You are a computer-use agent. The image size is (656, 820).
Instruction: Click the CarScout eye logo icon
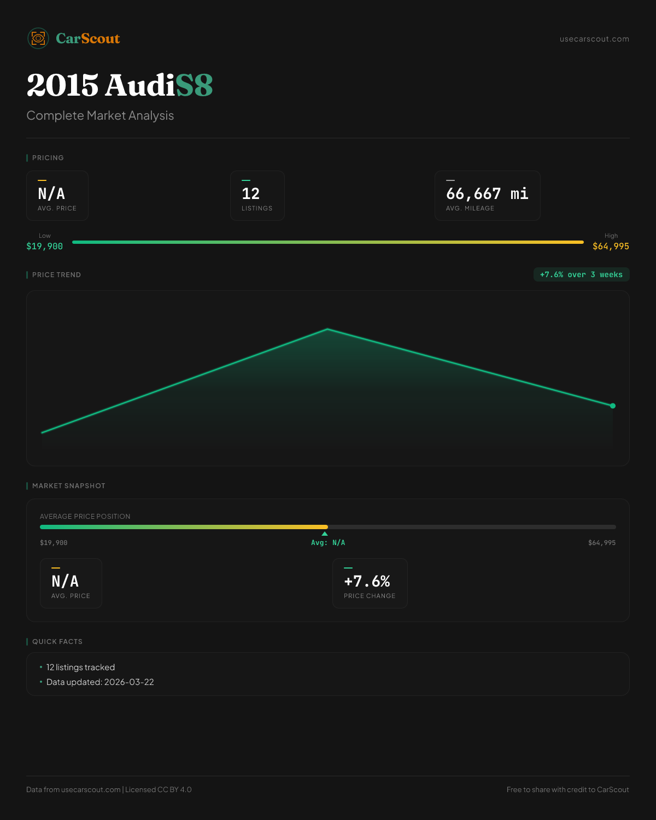38,38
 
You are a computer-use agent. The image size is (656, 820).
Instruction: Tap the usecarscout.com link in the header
594,39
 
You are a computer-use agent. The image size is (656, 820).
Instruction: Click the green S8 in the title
194,85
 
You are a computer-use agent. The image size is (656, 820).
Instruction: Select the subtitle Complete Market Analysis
100,116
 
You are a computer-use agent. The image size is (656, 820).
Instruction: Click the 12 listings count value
251,194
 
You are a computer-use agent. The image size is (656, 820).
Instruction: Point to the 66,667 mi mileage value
487,194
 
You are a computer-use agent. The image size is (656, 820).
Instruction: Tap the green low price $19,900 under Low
45,247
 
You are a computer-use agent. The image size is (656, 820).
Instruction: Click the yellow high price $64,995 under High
611,247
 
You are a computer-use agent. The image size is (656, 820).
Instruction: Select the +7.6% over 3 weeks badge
581,274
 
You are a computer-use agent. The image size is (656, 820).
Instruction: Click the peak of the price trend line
327,329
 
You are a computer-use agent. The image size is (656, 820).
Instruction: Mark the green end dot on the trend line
613,406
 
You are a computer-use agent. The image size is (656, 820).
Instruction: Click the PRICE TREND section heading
56,275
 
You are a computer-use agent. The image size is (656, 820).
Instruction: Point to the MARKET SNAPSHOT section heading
68,486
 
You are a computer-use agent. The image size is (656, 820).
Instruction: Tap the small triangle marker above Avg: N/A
325,534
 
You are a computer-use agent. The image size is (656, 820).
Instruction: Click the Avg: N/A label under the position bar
328,543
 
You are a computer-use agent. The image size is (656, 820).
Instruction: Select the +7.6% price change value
367,581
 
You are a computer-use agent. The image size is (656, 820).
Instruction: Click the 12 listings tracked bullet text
80,667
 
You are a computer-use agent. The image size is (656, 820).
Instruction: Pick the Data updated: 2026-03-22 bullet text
100,682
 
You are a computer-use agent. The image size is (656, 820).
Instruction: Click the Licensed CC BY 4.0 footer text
159,789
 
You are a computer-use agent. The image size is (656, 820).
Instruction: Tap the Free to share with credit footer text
567,789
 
